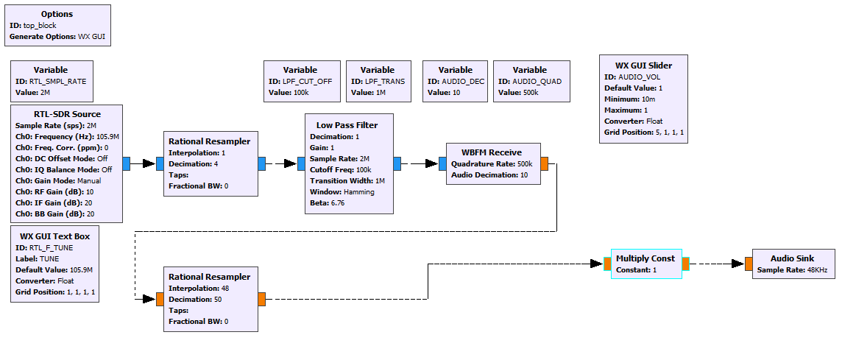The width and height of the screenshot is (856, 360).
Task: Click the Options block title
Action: [57, 14]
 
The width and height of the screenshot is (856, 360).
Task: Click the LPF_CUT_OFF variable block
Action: [302, 81]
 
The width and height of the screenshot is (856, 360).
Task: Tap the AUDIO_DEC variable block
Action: [455, 81]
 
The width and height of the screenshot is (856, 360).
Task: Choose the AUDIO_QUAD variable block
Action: [531, 81]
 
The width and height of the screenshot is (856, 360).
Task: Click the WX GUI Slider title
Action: [643, 66]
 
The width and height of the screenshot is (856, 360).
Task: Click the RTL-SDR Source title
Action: [67, 114]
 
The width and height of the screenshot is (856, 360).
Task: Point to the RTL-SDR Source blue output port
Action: [127, 163]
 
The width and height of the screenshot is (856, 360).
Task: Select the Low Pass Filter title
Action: [347, 125]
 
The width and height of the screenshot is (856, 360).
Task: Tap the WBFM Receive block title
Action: [492, 152]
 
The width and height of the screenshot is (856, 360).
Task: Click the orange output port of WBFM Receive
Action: [544, 163]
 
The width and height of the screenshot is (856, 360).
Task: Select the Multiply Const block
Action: [645, 264]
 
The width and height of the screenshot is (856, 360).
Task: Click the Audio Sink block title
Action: [791, 258]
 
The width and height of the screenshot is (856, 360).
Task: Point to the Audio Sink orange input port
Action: [748, 264]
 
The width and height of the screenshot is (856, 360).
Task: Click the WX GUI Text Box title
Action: [55, 236]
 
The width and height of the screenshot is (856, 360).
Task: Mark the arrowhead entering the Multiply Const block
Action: [598, 264]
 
